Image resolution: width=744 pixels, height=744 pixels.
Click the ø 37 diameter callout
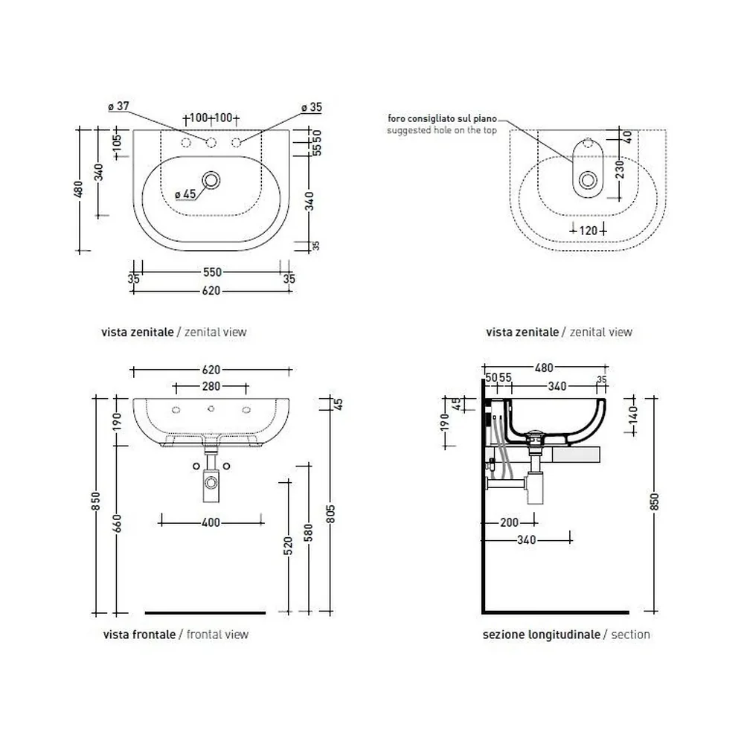coord(118,106)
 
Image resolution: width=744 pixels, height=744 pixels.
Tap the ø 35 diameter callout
coord(312,107)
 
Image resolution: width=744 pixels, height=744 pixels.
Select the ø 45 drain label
coord(185,194)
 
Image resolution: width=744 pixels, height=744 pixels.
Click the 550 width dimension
coord(212,272)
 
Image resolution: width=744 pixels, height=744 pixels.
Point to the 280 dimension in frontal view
coord(211,387)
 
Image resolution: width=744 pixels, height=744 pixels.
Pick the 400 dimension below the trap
coord(211,523)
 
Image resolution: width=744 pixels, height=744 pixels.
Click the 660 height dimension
coord(117,523)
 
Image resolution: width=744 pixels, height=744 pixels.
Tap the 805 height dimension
coord(331,514)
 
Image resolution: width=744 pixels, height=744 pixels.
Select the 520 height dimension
coord(288,546)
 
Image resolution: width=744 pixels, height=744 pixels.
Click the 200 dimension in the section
coord(509,523)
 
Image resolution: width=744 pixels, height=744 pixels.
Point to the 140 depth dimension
coord(632,415)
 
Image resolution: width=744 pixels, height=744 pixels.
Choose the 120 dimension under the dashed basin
coord(589,231)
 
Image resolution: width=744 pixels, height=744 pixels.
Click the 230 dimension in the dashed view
coord(620,170)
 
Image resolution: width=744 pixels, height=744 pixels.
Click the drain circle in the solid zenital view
coord(211,180)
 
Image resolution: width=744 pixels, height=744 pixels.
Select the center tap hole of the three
coord(211,142)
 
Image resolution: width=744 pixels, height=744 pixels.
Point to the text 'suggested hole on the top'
coord(442,130)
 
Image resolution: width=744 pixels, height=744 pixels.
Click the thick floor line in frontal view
coord(205,612)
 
